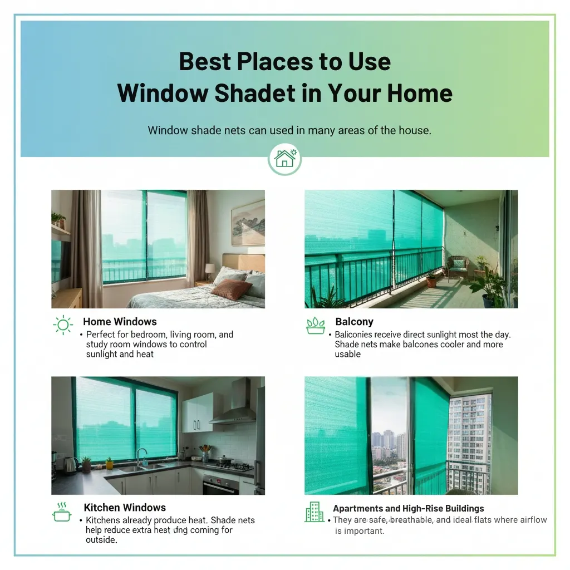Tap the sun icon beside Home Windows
(x=62, y=326)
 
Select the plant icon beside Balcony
(x=315, y=326)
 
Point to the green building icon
(x=314, y=512)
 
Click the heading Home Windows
(x=120, y=322)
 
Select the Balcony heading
(x=354, y=322)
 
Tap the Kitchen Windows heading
(x=125, y=508)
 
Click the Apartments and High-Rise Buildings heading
(x=408, y=508)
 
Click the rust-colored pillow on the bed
(x=231, y=289)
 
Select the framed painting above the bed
(x=248, y=223)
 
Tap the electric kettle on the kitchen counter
(x=70, y=464)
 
